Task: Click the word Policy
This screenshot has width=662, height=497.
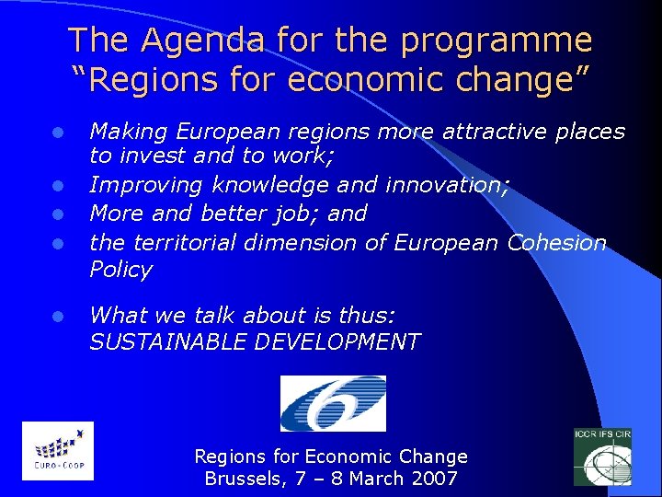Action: tap(120, 270)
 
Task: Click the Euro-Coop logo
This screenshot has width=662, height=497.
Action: tap(58, 450)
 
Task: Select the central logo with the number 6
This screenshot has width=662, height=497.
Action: tap(333, 403)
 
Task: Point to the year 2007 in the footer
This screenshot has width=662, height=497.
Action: tap(437, 479)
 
